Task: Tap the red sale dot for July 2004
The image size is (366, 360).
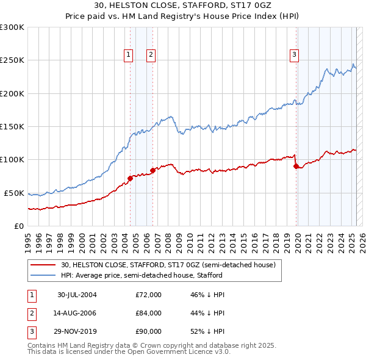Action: click(130, 178)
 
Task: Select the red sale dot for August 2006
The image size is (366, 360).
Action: click(152, 170)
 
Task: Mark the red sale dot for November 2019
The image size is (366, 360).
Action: click(296, 166)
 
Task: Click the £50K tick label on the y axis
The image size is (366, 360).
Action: click(14, 193)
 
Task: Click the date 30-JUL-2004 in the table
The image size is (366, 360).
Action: click(77, 295)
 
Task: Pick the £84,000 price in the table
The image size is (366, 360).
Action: click(148, 314)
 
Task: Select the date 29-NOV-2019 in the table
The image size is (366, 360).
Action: click(77, 333)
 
